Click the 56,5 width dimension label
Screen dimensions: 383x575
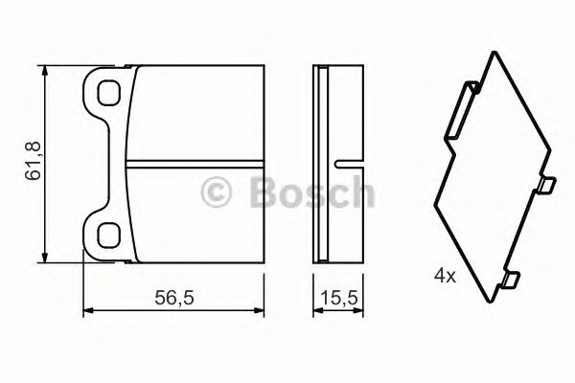(x=176, y=299)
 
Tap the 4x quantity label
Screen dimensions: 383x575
(x=445, y=274)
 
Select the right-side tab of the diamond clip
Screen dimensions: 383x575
(x=546, y=185)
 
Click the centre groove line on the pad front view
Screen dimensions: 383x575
(x=196, y=158)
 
